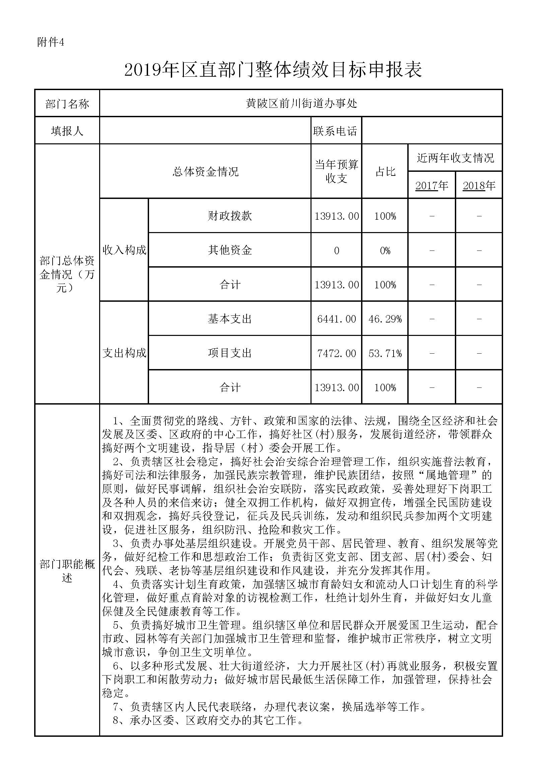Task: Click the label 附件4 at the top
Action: [51, 42]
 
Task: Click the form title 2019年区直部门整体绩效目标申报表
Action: [273, 70]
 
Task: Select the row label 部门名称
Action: [67, 104]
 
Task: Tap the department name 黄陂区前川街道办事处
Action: [301, 103]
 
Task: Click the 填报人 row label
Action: [67, 131]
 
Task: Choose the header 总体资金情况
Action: [205, 171]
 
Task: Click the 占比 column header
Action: [385, 171]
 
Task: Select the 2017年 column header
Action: [431, 186]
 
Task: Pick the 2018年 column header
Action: [479, 186]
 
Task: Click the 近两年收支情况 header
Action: [455, 158]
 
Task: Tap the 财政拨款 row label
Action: [230, 216]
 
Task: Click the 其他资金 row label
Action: [230, 250]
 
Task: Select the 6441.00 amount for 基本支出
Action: [336, 319]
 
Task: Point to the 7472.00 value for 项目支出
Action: [336, 353]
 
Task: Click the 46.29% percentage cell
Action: [385, 319]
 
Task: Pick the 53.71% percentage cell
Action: [385, 353]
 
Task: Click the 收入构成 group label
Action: [124, 250]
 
